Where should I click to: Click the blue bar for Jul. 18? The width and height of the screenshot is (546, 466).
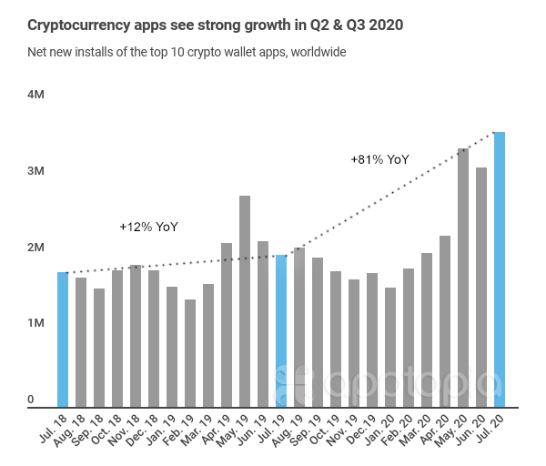(63, 339)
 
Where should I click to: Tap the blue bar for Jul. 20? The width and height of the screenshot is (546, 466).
(500, 268)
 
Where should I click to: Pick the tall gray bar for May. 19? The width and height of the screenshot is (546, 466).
(245, 300)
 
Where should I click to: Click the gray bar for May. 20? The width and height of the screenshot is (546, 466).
(463, 277)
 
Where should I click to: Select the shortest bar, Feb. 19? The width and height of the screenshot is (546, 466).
(190, 352)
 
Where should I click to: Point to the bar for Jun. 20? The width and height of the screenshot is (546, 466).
(481, 287)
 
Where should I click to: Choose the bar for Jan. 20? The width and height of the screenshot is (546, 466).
(390, 347)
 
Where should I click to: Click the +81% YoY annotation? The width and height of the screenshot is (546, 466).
(379, 159)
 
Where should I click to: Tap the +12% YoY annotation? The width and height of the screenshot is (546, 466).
(148, 226)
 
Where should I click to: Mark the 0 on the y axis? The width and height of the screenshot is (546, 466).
(30, 399)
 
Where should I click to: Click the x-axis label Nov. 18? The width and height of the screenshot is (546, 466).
(126, 429)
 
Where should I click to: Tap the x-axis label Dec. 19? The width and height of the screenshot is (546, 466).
(362, 429)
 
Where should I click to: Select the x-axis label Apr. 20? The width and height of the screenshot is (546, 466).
(435, 429)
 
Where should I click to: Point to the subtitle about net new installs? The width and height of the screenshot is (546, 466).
(187, 52)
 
